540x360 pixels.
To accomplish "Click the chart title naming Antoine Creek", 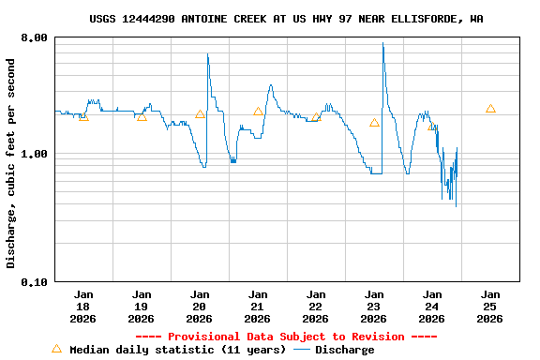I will pos(287,19).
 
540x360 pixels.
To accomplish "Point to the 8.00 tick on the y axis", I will pos(35,37).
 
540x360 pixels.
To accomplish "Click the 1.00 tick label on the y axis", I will pos(35,154).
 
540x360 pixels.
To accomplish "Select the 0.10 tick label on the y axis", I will pos(35,281).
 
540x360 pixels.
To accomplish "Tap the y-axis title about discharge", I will pos(11,163).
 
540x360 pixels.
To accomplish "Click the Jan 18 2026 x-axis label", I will pos(83,306).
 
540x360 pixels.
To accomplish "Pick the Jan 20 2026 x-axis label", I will pos(200,306).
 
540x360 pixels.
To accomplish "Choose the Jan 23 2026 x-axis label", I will pos(374,306).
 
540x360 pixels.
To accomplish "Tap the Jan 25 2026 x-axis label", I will pos(490,306).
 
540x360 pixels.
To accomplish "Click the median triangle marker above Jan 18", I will pos(83,116).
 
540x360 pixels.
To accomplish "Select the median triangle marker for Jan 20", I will pos(200,114).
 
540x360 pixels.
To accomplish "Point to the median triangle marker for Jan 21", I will pos(258,112).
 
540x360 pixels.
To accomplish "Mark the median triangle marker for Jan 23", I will pos(374,123).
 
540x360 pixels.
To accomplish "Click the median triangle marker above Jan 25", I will pos(490,109).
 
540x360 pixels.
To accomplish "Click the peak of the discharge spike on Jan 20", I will pos(207,54).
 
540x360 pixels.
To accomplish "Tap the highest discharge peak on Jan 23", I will pos(382,43).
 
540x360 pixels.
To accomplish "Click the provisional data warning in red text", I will pos(286,337).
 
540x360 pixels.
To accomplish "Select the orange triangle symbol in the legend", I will pos(56,349).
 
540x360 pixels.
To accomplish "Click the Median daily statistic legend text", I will pos(178,350).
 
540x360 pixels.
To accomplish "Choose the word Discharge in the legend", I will pos(344,350).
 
